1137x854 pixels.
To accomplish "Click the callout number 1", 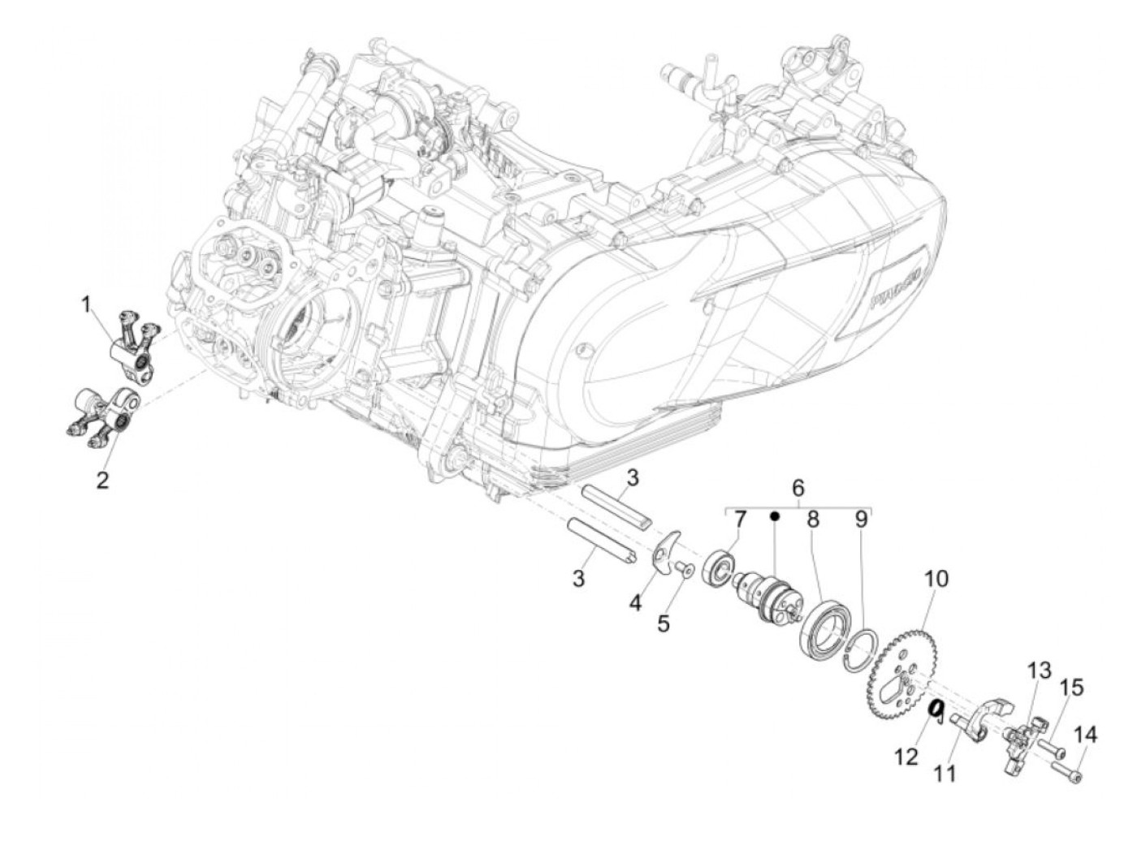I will point(87,305).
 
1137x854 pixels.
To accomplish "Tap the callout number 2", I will point(102,480).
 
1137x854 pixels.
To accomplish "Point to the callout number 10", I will point(936,579).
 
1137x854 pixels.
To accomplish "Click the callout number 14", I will point(1086,735).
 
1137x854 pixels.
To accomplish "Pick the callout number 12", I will point(907,757).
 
